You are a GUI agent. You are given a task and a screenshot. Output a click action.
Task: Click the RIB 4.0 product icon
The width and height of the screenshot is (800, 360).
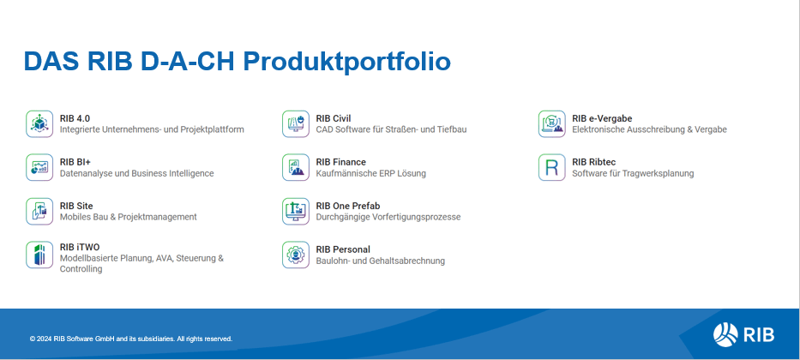39,124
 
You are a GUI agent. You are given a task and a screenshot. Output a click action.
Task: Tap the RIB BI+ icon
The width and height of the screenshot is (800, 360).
39,168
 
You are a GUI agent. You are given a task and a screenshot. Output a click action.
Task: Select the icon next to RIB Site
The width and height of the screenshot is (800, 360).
39,212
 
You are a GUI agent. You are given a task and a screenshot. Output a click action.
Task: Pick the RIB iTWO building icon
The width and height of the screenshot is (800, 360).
39,255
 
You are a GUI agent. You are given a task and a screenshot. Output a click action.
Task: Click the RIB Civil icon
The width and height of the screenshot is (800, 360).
296,124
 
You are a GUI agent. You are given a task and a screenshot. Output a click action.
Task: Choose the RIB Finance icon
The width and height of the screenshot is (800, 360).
296,168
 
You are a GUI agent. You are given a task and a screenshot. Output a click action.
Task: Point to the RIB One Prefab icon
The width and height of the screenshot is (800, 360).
296,212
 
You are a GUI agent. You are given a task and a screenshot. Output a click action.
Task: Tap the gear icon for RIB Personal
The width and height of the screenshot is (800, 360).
296,255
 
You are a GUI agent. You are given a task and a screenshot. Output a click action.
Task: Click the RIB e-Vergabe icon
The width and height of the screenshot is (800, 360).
551,124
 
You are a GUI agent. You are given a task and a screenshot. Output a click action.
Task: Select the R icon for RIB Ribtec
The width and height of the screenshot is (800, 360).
551,168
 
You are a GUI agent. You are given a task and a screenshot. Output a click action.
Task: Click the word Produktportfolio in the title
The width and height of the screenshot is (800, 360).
346,62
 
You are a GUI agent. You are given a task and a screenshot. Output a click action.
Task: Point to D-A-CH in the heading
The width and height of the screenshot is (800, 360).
187,61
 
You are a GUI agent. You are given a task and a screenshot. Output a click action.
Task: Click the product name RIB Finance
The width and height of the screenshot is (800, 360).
340,162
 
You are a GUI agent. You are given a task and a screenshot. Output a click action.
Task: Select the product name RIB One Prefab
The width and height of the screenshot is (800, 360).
348,206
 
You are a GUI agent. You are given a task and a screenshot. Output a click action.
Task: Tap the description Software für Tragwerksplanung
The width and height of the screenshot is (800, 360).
633,173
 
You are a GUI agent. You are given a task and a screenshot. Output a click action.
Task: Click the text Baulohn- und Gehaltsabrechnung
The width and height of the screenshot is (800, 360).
380,261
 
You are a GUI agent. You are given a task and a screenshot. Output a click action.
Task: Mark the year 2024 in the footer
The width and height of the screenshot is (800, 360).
45,339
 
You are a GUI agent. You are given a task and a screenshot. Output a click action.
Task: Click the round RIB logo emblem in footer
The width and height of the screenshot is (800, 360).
725,334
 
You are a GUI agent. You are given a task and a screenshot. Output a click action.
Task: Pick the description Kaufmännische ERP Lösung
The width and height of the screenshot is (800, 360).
371,173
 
